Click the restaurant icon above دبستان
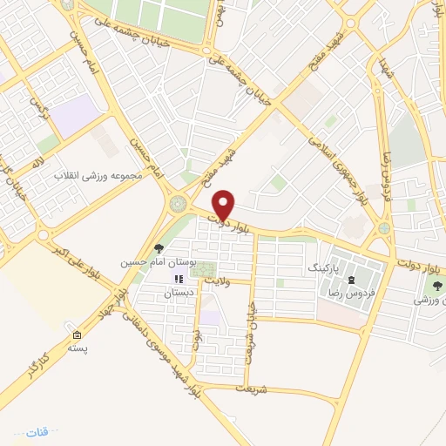(179, 280)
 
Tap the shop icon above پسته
(78, 335)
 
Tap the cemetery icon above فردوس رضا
(351, 280)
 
